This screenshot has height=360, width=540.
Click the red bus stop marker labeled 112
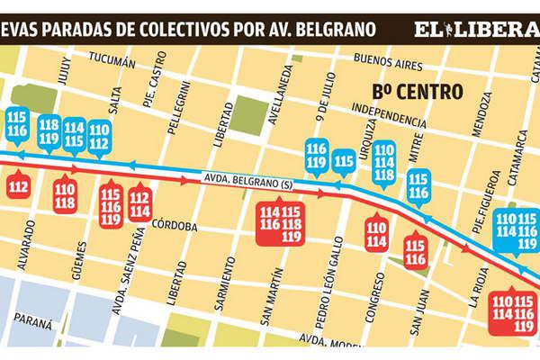pyautogui.click(x=18, y=187)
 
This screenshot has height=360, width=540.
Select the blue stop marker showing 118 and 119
pyautogui.click(x=49, y=131)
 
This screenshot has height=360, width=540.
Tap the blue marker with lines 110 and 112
pyautogui.click(x=99, y=136)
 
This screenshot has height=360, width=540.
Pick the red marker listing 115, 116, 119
pyautogui.click(x=111, y=205)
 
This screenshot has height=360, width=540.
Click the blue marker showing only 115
pyautogui.click(x=344, y=162)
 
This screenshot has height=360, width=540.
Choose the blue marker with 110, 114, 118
pyautogui.click(x=383, y=161)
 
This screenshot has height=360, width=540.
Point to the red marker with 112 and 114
pyautogui.click(x=139, y=205)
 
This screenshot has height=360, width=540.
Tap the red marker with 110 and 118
pyautogui.click(x=65, y=196)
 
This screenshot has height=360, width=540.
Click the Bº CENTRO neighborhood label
pyautogui.click(x=417, y=92)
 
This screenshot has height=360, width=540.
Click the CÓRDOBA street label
pyautogui.click(x=175, y=227)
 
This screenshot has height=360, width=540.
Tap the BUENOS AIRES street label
pyautogui.click(x=390, y=60)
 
